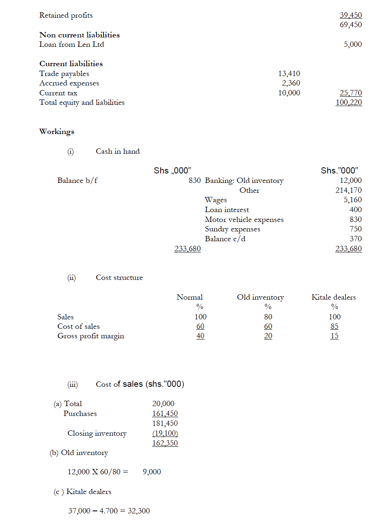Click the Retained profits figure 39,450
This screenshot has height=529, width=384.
click(351, 15)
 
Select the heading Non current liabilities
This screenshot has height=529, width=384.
click(79, 35)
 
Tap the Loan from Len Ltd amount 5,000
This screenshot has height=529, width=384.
click(353, 44)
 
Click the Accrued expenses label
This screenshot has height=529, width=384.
click(69, 83)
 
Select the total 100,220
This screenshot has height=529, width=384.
click(349, 102)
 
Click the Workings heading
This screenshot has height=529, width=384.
click(57, 132)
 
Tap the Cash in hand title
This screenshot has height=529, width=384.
click(117, 151)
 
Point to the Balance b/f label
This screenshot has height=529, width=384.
click(77, 180)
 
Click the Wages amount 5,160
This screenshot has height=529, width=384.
click(353, 200)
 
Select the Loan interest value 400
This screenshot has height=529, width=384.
click(356, 210)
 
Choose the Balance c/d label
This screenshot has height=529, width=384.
click(225, 239)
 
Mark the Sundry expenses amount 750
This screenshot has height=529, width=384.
click(356, 229)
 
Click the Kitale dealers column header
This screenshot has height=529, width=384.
click(333, 297)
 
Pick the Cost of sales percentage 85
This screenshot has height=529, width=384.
click(334, 326)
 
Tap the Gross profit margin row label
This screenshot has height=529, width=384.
click(91, 336)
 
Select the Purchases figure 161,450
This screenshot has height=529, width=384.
click(165, 413)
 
